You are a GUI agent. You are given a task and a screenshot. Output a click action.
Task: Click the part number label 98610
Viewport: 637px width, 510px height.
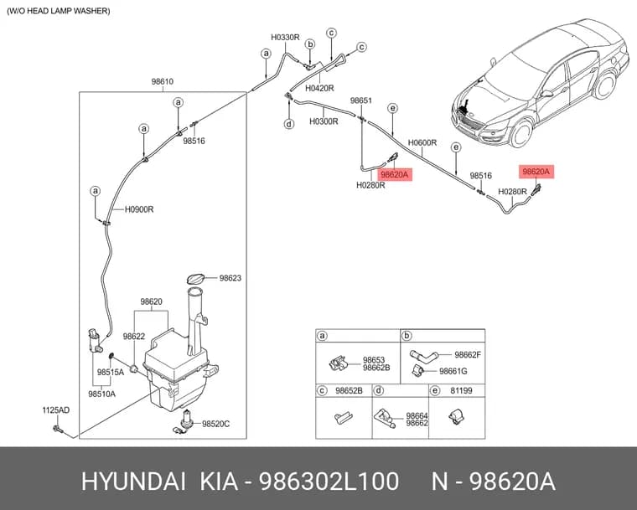(x=163, y=81)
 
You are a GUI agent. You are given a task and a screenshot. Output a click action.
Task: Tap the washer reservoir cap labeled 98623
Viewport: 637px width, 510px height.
(x=196, y=280)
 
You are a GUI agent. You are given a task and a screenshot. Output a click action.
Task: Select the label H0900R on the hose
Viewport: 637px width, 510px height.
(x=139, y=209)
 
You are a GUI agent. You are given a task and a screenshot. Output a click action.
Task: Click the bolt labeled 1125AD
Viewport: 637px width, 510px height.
(x=56, y=428)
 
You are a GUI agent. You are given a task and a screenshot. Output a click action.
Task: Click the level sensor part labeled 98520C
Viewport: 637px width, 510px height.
(x=185, y=422)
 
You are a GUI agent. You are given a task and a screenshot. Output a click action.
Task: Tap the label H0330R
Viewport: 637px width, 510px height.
(x=285, y=38)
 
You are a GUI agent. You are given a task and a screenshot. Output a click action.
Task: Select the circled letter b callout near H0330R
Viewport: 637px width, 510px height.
(x=310, y=44)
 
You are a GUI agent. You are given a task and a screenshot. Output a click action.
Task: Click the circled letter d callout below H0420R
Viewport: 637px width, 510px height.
(x=289, y=123)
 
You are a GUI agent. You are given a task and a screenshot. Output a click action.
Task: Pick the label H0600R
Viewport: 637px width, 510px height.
(x=422, y=142)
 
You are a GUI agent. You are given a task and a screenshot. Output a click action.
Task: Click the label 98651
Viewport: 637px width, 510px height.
(x=361, y=100)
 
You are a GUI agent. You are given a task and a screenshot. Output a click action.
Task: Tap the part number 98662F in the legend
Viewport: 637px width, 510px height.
(x=468, y=355)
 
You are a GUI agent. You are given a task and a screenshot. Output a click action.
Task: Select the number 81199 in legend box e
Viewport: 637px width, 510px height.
(x=462, y=390)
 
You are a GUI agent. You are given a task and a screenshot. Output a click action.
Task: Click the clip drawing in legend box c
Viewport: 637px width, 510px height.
(x=344, y=417)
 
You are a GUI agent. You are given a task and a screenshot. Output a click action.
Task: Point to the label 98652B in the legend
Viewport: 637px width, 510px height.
(x=349, y=390)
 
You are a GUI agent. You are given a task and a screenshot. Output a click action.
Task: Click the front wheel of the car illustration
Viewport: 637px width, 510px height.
(x=521, y=133)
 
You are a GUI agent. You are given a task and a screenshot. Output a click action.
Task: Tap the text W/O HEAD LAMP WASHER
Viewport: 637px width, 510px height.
(x=59, y=11)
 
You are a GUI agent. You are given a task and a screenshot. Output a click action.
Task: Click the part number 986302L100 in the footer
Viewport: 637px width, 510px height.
(x=329, y=482)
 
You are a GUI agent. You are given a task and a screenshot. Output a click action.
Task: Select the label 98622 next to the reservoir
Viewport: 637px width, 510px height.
(x=134, y=336)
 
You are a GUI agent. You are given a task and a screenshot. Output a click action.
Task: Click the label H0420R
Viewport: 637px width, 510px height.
(x=319, y=88)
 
